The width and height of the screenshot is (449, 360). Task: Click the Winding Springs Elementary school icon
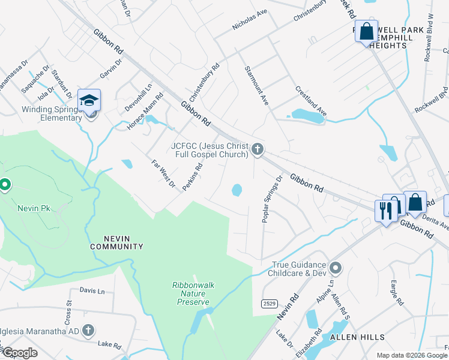point(89,100)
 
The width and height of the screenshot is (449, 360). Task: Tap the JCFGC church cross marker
point(258,149)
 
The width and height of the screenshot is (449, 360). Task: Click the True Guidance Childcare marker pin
point(335,268)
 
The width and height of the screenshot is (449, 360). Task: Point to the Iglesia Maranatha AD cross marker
point(88,330)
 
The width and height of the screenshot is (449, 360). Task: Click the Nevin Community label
point(116,242)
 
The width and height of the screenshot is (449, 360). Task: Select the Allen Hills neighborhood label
point(357,337)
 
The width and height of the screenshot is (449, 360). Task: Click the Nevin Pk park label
point(34,208)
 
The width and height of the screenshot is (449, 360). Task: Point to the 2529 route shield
point(269,304)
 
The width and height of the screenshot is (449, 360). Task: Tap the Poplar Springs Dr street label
point(271,199)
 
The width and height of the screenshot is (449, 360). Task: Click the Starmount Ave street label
point(256,86)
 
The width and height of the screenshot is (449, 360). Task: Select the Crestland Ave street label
point(310,101)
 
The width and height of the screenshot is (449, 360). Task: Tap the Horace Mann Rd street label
point(145,112)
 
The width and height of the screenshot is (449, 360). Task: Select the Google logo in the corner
point(19,353)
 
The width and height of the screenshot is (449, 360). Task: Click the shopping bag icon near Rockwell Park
point(367,31)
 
